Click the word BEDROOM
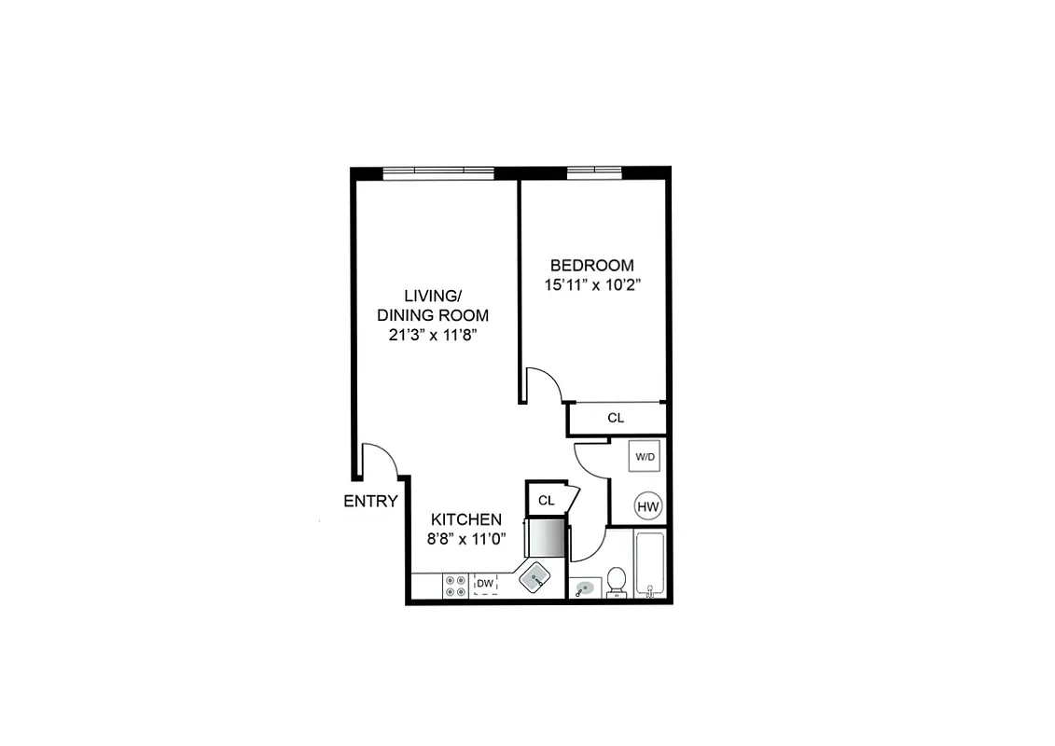(591, 265)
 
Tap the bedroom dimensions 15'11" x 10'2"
(591, 284)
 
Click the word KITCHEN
(466, 519)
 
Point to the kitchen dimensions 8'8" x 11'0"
(466, 538)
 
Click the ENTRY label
(370, 501)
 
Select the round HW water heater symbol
(647, 507)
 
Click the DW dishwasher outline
(485, 585)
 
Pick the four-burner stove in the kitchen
(456, 585)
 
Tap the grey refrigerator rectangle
(547, 538)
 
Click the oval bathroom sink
(584, 588)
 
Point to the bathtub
(648, 563)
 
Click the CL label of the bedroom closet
(616, 418)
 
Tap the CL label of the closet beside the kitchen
(546, 501)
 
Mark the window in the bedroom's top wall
(595, 172)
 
